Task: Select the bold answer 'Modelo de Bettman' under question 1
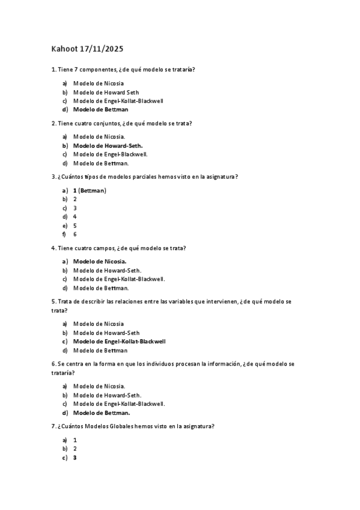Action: coord(100,110)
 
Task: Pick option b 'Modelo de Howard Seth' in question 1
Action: coord(106,93)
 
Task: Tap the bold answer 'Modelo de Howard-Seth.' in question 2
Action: coord(108,146)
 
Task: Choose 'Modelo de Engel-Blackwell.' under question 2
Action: coord(110,155)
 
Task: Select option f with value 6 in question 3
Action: coord(75,235)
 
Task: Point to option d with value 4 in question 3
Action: coord(75,217)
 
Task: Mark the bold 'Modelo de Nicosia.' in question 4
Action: coord(100,262)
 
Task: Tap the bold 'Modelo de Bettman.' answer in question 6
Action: coord(102,413)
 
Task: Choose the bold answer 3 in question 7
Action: coord(75,458)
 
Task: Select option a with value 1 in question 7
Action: coord(75,440)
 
